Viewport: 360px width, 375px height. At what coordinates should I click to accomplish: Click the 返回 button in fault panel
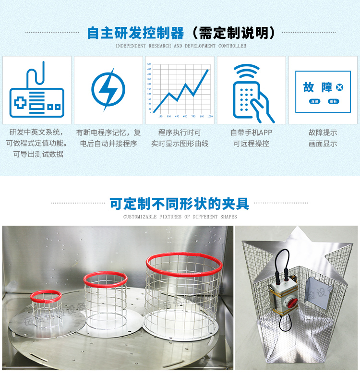click(314, 101)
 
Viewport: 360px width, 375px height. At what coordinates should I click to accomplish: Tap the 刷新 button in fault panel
click(333, 101)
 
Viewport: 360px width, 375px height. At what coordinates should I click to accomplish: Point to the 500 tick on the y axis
click(149, 64)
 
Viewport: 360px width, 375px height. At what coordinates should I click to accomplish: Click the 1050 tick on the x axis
click(210, 117)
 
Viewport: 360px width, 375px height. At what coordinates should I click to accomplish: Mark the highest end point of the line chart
click(208, 70)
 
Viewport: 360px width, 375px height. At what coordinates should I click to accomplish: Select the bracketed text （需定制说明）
click(233, 33)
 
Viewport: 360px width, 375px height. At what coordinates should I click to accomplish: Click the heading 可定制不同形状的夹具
click(180, 204)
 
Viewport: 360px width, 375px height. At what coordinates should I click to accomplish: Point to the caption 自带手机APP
click(251, 133)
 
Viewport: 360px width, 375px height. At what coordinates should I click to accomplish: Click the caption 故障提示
click(323, 133)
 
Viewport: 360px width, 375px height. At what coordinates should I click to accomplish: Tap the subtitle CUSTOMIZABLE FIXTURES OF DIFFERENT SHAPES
click(180, 217)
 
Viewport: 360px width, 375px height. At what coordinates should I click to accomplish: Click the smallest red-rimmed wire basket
click(46, 307)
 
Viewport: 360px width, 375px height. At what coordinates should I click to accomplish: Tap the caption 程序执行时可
click(180, 133)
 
